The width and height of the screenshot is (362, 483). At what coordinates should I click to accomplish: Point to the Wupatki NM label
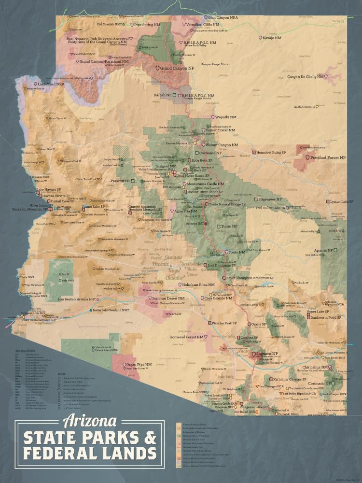[226, 117]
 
